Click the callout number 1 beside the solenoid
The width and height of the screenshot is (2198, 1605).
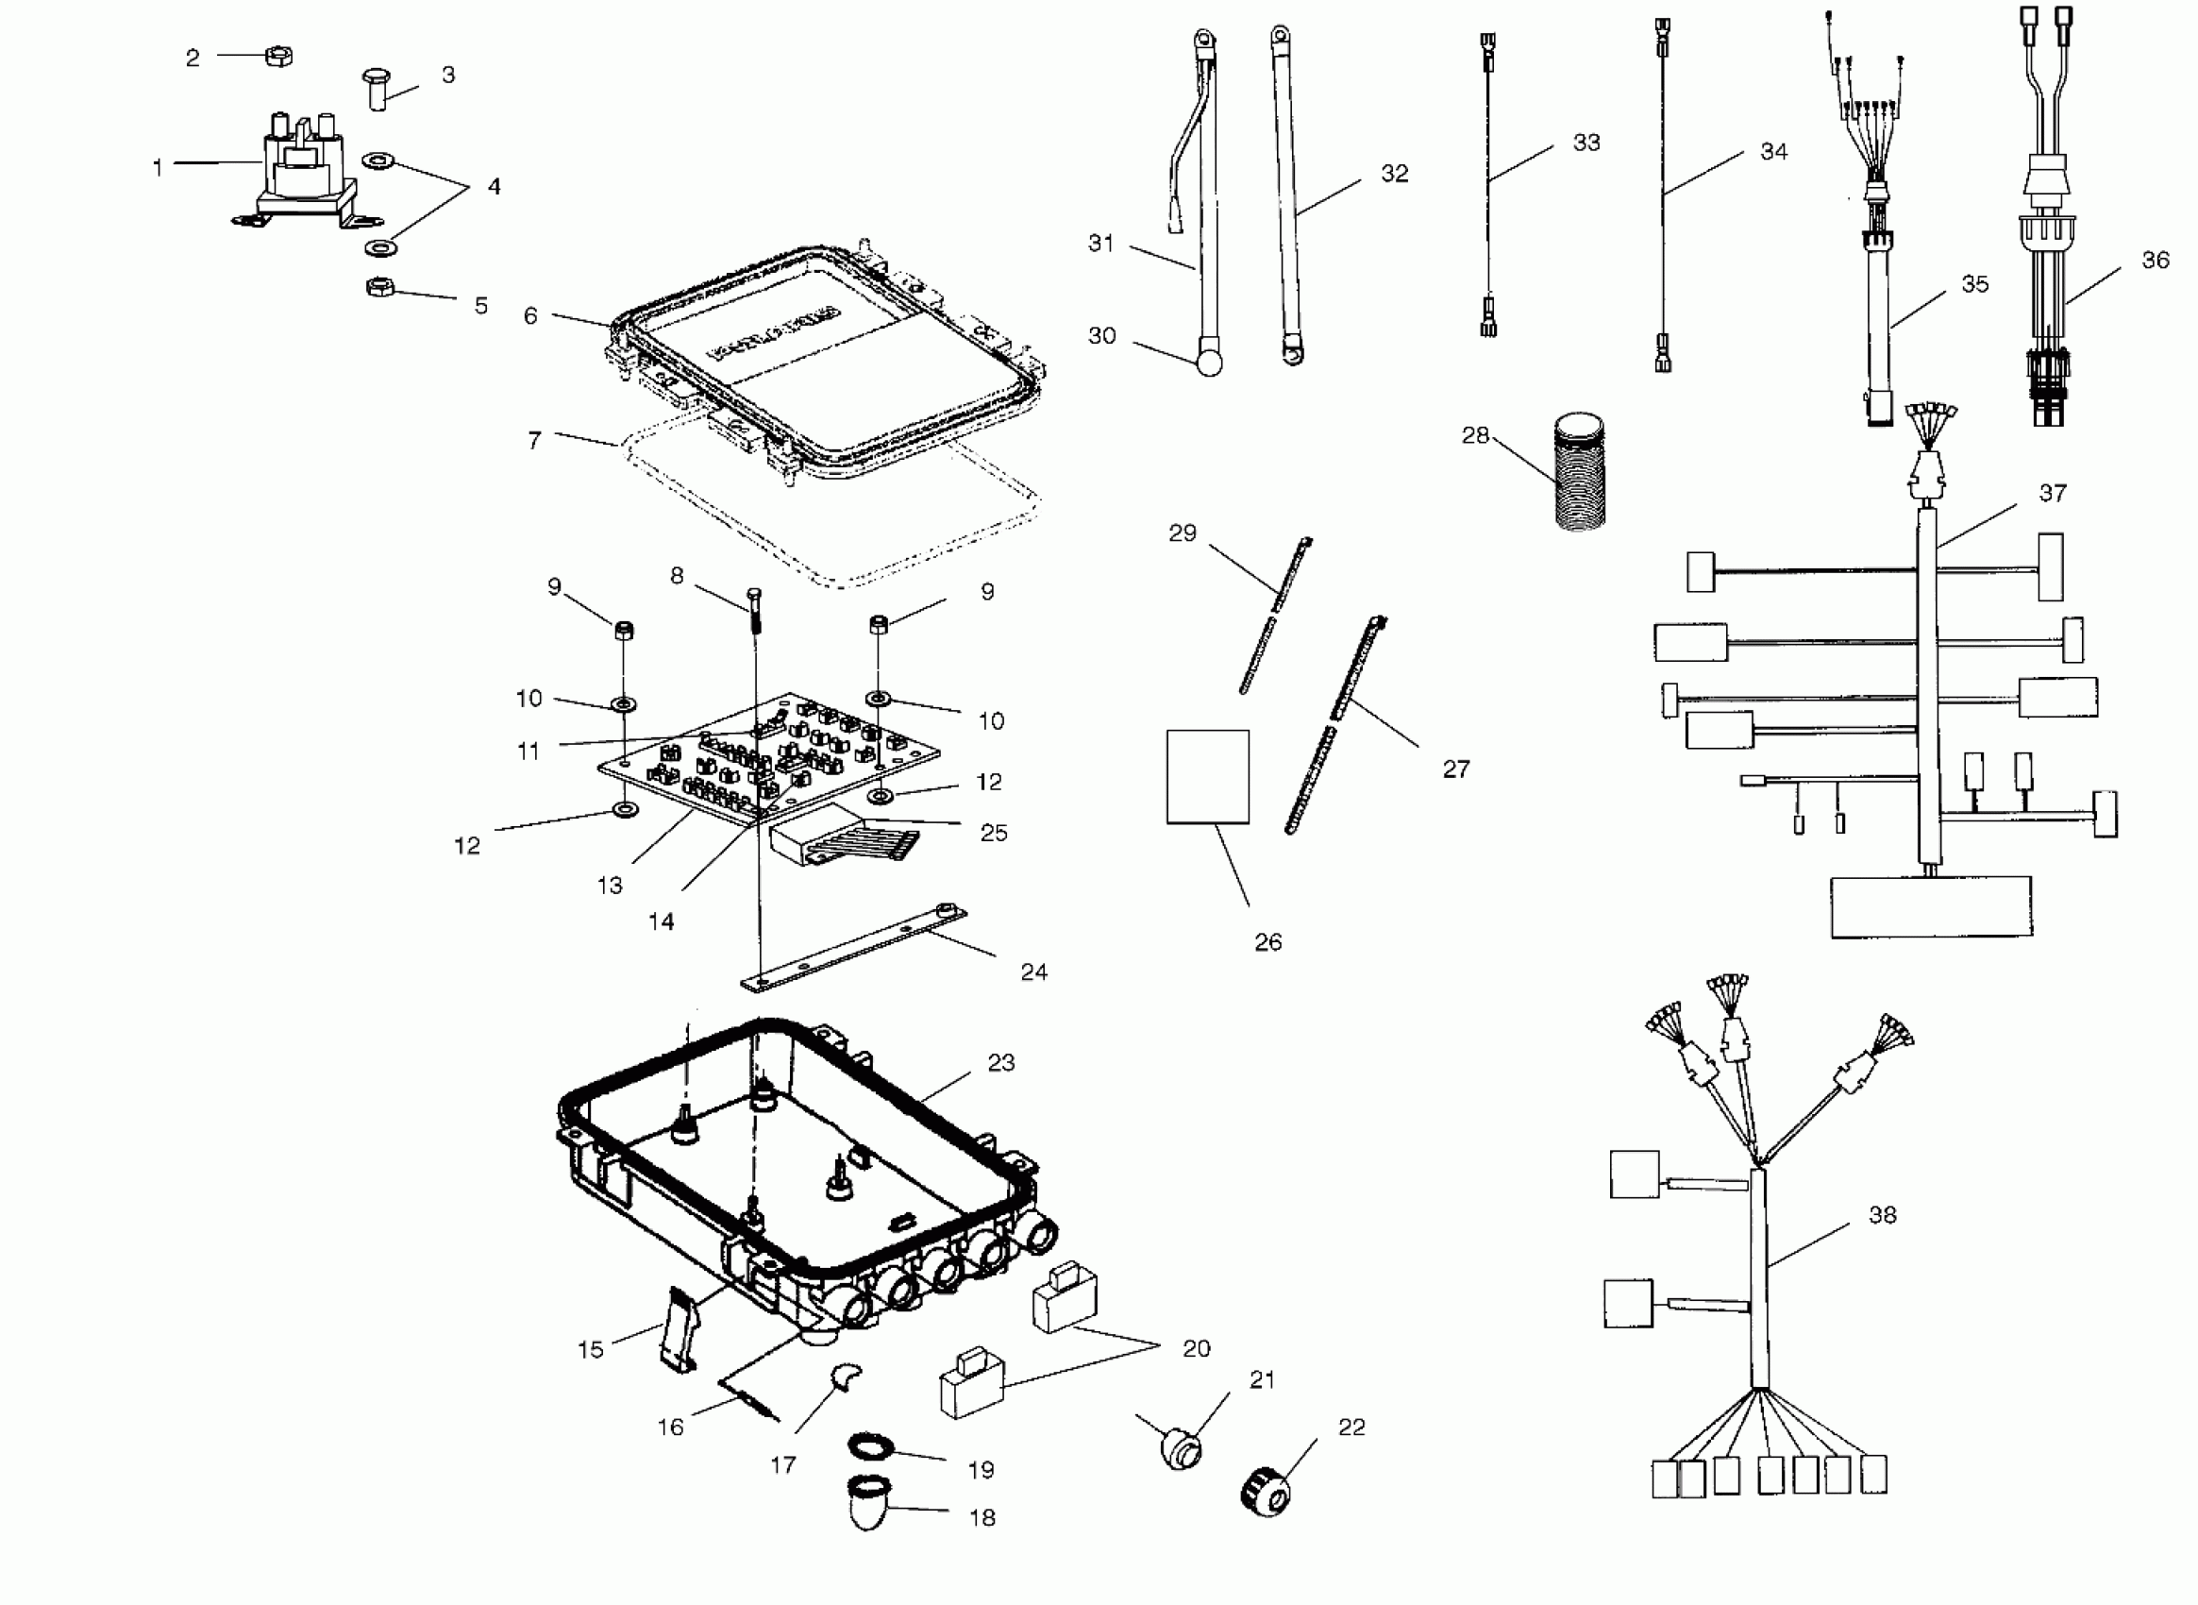pyautogui.click(x=158, y=168)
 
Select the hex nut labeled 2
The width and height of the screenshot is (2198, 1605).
pyautogui.click(x=278, y=57)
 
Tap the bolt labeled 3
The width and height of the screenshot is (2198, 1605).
pyautogui.click(x=377, y=90)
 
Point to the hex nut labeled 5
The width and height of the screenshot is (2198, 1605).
pyautogui.click(x=379, y=287)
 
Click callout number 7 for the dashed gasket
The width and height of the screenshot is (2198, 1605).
pyautogui.click(x=534, y=441)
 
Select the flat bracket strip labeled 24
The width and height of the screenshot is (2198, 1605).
pyautogui.click(x=855, y=948)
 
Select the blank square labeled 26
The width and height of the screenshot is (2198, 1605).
pyautogui.click(x=1207, y=776)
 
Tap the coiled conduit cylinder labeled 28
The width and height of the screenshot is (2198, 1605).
pyautogui.click(x=1579, y=472)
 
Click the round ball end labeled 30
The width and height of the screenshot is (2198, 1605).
pyautogui.click(x=1209, y=363)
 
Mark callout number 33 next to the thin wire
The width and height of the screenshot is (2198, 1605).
pyautogui.click(x=1586, y=143)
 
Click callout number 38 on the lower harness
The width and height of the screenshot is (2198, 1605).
pyautogui.click(x=1881, y=1214)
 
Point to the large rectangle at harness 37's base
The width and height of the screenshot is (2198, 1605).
pyautogui.click(x=1931, y=906)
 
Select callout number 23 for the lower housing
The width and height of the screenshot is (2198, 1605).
pyautogui.click(x=1000, y=1063)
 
